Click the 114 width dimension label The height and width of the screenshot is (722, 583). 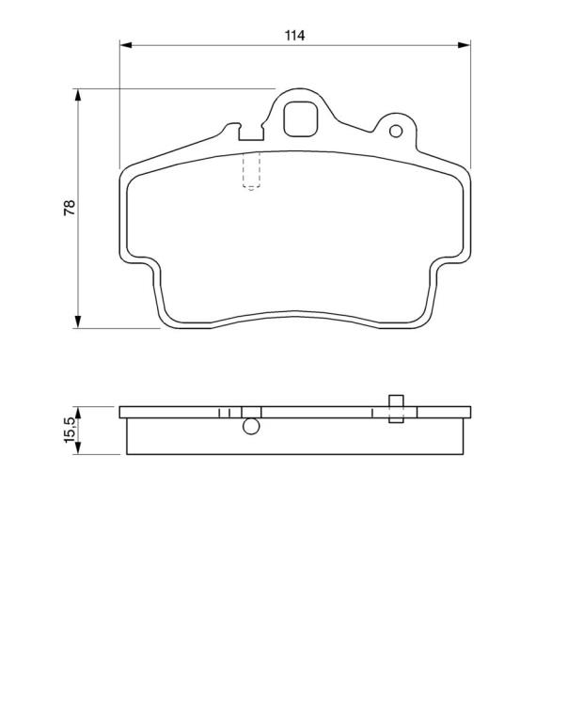coord(294,36)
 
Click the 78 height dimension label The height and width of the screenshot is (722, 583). coord(70,208)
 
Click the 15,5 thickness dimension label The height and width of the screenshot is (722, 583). coord(70,430)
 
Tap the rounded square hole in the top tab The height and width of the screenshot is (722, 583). coord(301,119)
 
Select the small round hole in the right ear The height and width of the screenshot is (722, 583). coord(396,132)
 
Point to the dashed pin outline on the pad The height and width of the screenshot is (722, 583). coord(251,170)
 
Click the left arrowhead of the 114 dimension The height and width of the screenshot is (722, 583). coord(126,45)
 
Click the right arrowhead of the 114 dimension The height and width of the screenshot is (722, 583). coord(464,45)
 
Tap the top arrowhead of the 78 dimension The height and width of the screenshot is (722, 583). coord(78,95)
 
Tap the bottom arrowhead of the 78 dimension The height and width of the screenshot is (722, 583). coord(78,322)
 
